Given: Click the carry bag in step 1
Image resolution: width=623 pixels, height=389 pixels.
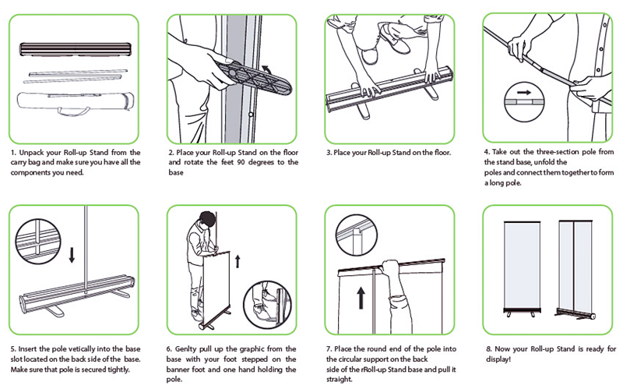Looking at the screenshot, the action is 75,103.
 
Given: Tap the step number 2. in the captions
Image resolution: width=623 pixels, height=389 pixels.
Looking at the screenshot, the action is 171,152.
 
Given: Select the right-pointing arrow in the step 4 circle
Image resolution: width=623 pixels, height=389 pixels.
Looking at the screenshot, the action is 524,92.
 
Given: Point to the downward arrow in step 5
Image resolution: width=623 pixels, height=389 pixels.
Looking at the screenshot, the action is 72,255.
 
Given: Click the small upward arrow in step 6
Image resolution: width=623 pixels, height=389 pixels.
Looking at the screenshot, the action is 238,261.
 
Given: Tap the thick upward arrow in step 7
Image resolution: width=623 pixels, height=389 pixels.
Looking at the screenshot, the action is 361,298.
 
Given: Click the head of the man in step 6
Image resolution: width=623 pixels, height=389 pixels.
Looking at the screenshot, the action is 207,219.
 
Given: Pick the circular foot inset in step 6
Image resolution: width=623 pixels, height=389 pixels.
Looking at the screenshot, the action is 267,304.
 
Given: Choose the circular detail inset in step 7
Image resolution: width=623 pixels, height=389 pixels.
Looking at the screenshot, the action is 356,235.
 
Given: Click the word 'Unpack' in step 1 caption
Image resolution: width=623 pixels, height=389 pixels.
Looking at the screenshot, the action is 31,153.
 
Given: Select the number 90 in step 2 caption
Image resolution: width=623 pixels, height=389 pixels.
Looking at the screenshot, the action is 241,162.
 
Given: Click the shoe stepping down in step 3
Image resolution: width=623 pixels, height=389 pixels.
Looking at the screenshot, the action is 394,37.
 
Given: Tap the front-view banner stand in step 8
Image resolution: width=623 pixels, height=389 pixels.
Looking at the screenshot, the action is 522,268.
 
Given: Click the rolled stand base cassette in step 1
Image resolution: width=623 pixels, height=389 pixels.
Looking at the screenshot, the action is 76,50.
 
